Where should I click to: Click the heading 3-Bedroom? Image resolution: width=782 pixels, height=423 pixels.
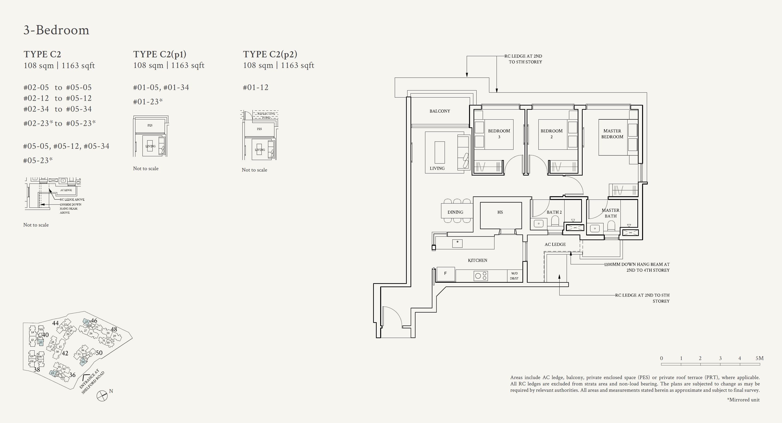coord(56,30)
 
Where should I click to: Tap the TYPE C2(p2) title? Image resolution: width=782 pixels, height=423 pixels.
coord(270,54)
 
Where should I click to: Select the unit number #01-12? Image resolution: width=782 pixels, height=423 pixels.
coord(256,88)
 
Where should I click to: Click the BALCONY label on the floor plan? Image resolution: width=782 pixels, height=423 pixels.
coord(440,111)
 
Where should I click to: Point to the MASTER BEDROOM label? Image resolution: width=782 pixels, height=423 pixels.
coord(612,134)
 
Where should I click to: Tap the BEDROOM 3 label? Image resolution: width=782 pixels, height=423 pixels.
coord(499,134)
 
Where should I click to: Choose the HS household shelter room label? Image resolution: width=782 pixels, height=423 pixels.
coord(500,212)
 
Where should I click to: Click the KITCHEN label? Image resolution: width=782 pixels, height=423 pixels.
coord(478,260)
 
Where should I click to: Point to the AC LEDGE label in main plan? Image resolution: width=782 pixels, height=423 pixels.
coord(555,244)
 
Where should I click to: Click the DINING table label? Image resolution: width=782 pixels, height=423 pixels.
coord(455,212)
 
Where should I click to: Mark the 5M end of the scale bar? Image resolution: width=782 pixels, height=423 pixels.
coord(759,358)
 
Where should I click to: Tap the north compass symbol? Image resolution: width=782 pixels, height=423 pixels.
coord(102,396)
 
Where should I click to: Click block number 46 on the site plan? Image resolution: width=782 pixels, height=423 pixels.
coord(94,321)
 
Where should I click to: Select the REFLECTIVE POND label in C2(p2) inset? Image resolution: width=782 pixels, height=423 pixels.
coord(266,115)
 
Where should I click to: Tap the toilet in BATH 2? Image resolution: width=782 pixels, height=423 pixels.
coord(555,221)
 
